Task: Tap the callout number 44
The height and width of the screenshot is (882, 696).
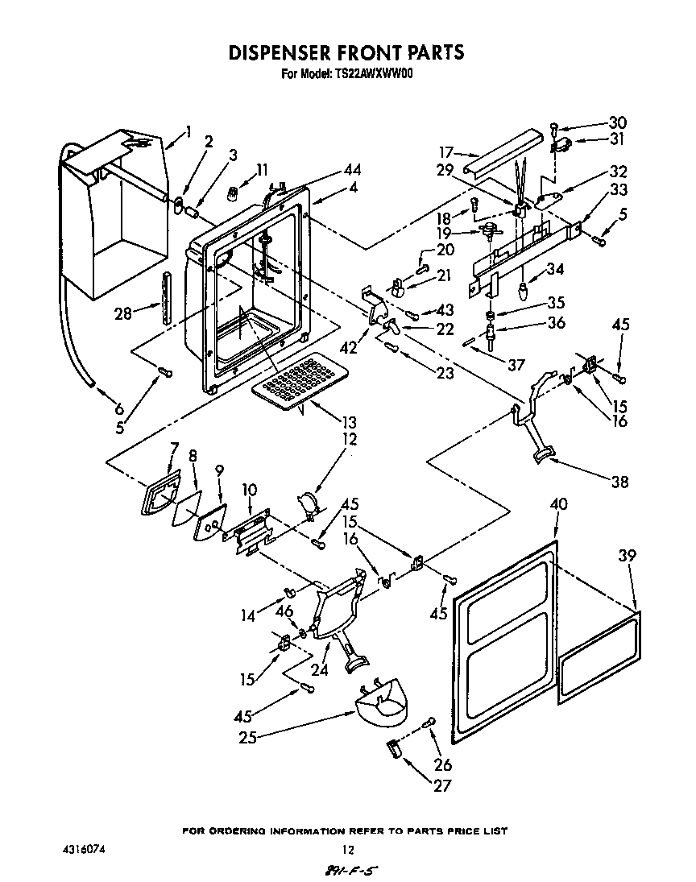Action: click(x=351, y=170)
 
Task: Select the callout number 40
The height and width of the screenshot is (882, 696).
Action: click(x=558, y=504)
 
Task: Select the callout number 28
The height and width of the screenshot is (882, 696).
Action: click(x=122, y=313)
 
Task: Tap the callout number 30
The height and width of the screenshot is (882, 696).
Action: click(x=617, y=123)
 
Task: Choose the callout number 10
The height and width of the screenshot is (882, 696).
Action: click(x=249, y=490)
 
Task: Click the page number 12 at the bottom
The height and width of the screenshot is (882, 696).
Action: click(x=348, y=849)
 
